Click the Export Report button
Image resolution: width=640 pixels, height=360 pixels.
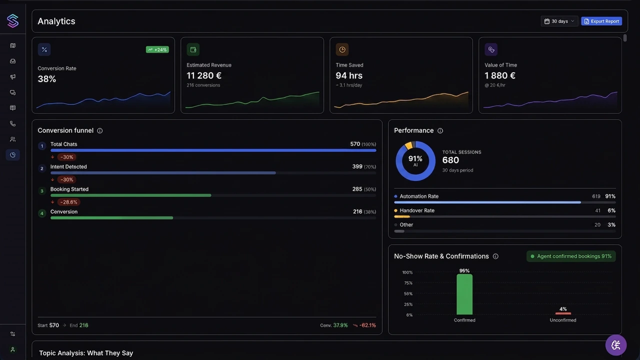pyautogui.click(x=601, y=21)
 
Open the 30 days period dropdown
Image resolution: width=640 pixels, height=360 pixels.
pyautogui.click(x=559, y=21)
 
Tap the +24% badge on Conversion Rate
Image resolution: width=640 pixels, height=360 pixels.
pyautogui.click(x=157, y=49)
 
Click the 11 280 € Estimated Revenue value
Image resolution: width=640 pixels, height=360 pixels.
pyautogui.click(x=204, y=75)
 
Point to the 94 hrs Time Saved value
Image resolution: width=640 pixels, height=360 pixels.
pyautogui.click(x=349, y=75)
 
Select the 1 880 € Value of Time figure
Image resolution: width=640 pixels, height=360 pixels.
pyautogui.click(x=500, y=75)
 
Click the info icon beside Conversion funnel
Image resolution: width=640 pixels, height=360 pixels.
pyautogui.click(x=99, y=130)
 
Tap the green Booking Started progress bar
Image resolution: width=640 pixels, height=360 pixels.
pyautogui.click(x=130, y=195)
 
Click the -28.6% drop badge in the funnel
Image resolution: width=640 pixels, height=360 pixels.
pyautogui.click(x=68, y=202)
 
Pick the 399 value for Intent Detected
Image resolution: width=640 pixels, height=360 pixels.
pyautogui.click(x=357, y=166)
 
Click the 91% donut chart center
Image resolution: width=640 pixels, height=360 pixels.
pyautogui.click(x=415, y=160)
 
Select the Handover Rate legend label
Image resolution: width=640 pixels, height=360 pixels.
pyautogui.click(x=417, y=210)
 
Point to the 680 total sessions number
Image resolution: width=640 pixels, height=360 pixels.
pyautogui.click(x=450, y=160)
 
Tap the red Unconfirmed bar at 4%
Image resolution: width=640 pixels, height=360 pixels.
pyautogui.click(x=563, y=313)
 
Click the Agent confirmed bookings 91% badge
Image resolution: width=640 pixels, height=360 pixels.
pyautogui.click(x=571, y=256)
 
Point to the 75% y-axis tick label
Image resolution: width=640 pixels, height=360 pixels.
pyautogui.click(x=407, y=283)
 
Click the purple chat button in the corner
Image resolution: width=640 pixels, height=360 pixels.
pyautogui.click(x=615, y=345)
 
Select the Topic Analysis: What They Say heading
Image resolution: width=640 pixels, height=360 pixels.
pyautogui.click(x=86, y=353)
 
